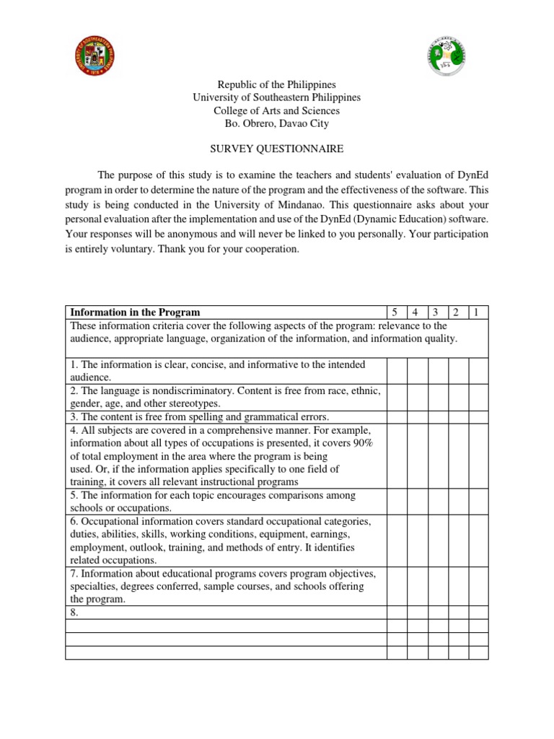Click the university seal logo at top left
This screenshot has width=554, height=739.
point(95,56)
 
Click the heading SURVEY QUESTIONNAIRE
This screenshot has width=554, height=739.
point(276,149)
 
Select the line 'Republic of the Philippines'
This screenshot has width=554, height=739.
point(276,85)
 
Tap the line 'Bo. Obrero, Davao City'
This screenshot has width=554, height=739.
point(276,123)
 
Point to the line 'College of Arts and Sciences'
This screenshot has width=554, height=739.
point(276,110)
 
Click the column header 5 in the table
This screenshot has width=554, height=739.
point(395,312)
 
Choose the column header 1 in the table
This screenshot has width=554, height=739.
point(478,312)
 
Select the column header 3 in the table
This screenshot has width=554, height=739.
point(437,312)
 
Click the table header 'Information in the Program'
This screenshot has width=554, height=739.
point(135,312)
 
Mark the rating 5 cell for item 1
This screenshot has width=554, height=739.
point(396,371)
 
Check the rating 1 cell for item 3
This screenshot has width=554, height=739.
point(478,417)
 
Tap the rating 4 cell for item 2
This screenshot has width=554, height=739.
point(417,397)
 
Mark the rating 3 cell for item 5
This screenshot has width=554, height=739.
point(437,502)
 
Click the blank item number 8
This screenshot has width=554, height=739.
point(74,613)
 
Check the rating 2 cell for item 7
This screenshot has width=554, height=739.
point(458,586)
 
